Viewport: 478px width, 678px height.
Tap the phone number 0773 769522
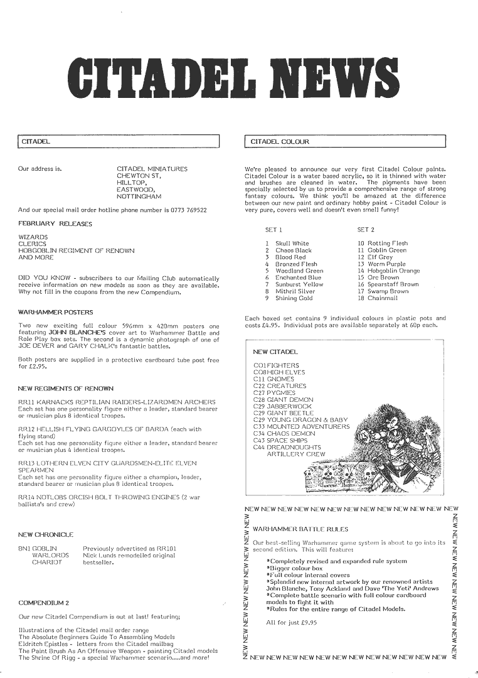click(x=185, y=210)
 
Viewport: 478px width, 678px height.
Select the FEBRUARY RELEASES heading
click(x=55, y=223)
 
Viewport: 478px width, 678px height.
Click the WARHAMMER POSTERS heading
click(x=56, y=312)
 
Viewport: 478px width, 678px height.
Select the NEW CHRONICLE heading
click(x=46, y=535)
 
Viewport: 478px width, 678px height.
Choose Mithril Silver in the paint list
click(x=294, y=291)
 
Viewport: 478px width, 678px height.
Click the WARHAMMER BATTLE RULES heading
click(x=300, y=529)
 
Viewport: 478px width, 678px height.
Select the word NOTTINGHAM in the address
click(x=139, y=196)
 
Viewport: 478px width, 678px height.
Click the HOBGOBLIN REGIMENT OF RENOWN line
click(x=77, y=250)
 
